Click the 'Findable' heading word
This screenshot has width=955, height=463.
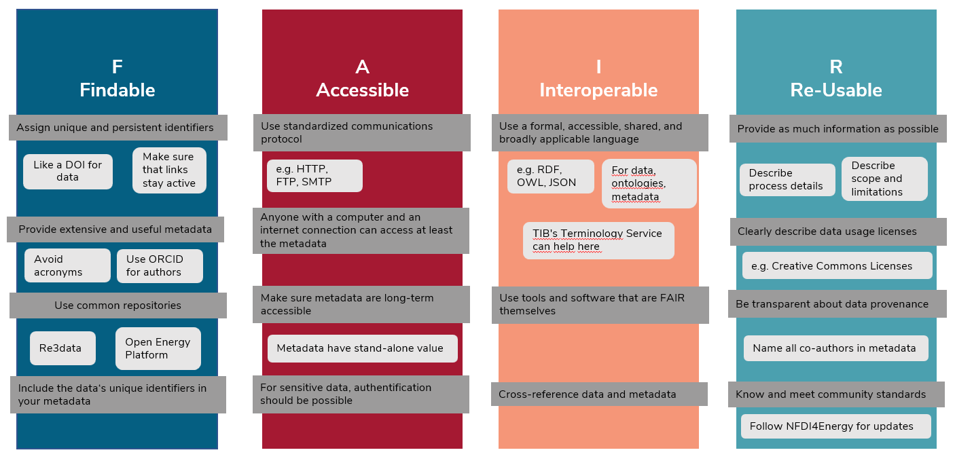tap(118, 90)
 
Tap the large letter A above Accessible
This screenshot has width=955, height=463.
tap(362, 67)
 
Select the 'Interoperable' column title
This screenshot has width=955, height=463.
tap(598, 90)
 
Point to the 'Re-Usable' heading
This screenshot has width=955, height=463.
tap(836, 90)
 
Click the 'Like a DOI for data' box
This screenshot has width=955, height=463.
tap(68, 171)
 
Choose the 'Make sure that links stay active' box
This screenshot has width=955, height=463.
tap(169, 170)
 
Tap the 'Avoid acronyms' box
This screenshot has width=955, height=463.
tap(67, 265)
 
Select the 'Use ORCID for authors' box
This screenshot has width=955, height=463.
tap(160, 265)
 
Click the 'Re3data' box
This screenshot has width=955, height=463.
tap(62, 348)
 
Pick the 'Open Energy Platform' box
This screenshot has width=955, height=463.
tap(158, 348)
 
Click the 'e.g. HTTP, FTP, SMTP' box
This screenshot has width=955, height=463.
tap(314, 176)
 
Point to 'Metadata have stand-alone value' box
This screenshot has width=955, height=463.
tap(362, 348)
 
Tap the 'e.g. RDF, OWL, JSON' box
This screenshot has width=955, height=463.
tap(550, 177)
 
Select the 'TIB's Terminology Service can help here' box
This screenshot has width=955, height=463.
tap(598, 240)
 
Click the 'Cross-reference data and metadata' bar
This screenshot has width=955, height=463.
tap(599, 394)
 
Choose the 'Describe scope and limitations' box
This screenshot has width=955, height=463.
tap(884, 179)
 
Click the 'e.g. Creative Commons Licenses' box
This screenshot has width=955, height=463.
tap(837, 265)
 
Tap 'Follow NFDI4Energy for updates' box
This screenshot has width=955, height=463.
tap(835, 426)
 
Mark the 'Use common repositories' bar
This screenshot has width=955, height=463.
tap(118, 305)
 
